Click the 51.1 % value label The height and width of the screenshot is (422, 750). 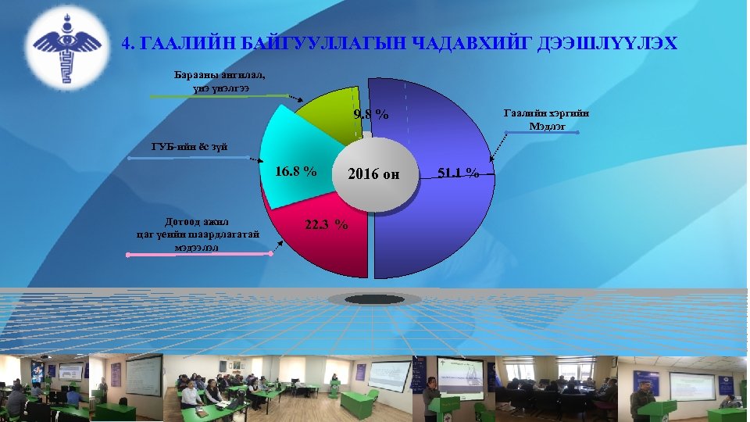[459, 173]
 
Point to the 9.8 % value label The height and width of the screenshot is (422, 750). [371, 115]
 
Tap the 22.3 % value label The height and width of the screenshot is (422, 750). [327, 224]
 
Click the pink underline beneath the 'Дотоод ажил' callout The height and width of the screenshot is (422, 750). [201, 253]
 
